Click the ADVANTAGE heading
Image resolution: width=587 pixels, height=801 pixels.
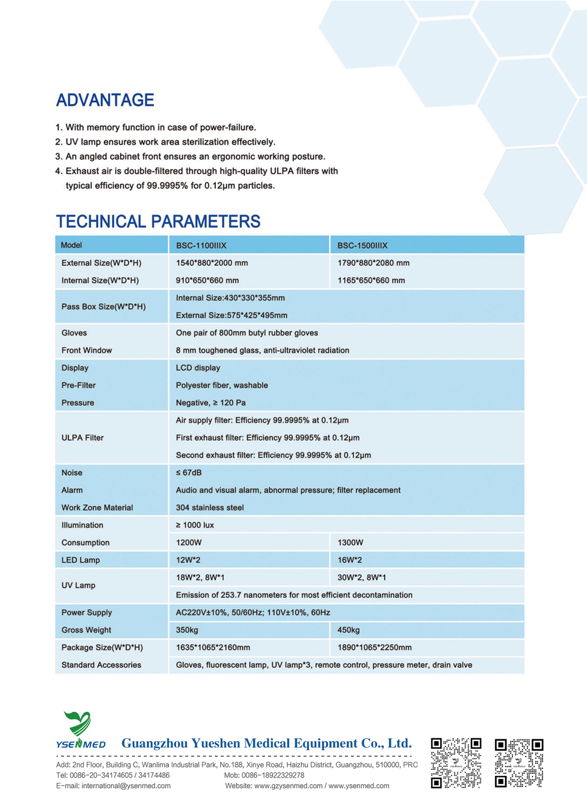coord(105,100)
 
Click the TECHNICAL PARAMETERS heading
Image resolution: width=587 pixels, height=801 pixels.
coord(158,222)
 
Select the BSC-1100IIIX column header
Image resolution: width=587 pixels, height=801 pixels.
coord(201,245)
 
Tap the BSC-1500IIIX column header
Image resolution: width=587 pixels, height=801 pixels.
coord(362,245)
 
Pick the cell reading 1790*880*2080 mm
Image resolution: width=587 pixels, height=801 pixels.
coord(373,263)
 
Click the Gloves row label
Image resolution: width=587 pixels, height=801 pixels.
coord(74,332)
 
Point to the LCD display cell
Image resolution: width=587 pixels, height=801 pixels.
coord(198,368)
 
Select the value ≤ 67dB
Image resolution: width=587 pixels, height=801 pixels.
coord(188,473)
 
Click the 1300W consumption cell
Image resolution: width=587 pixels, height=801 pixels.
coord(350,542)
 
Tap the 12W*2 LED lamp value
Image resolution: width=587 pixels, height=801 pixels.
coord(188,560)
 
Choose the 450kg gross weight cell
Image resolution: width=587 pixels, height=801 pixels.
coord(349,630)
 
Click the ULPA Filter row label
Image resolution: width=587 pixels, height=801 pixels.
coord(82,437)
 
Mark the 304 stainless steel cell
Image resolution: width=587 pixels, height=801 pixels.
coord(210,508)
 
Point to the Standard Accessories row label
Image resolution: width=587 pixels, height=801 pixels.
coord(101,665)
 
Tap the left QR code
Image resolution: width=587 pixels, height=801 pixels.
coord(456,762)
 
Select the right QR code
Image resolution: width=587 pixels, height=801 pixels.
coord(519,762)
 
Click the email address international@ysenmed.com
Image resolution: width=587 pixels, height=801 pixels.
coord(113,786)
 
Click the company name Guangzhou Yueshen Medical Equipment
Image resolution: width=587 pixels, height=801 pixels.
coord(266,744)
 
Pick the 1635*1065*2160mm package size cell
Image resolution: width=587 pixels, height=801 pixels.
coord(213,647)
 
